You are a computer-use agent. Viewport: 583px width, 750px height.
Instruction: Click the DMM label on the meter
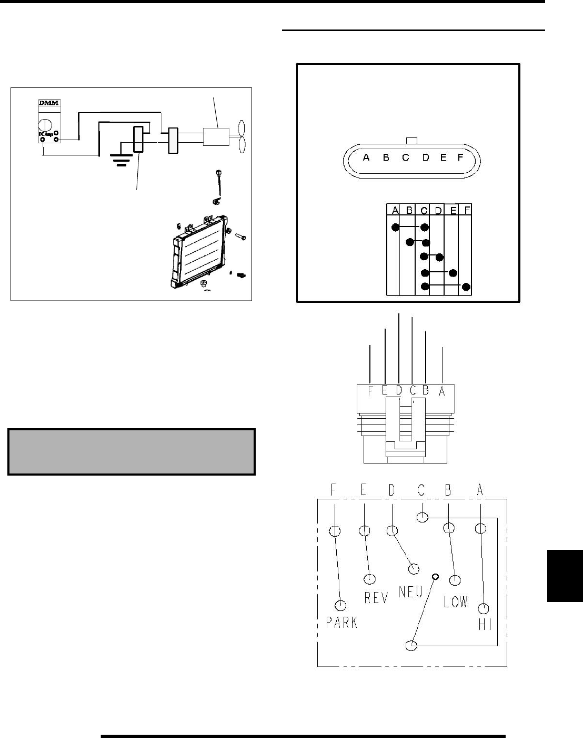[x=49, y=103]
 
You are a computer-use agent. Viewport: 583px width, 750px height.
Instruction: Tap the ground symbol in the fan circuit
[x=120, y=160]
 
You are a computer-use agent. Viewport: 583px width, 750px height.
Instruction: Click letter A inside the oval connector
[x=366, y=157]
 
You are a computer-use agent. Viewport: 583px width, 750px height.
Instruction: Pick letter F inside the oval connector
[x=460, y=157]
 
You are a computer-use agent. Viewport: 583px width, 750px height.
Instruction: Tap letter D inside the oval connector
[x=425, y=157]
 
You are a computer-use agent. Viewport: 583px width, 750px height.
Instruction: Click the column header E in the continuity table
[x=452, y=210]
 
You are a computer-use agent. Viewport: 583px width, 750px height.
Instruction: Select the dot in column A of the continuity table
[x=395, y=228]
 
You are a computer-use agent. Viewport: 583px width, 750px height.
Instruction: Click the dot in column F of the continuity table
[x=466, y=287]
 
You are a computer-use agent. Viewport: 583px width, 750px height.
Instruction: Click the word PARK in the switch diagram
[x=341, y=623]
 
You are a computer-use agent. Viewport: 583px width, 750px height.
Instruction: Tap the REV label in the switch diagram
[x=376, y=598]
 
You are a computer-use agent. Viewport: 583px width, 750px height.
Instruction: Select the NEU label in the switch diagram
[x=410, y=592]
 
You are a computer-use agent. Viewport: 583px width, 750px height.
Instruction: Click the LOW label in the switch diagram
[x=455, y=601]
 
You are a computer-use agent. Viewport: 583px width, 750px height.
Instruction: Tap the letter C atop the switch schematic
[x=421, y=490]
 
